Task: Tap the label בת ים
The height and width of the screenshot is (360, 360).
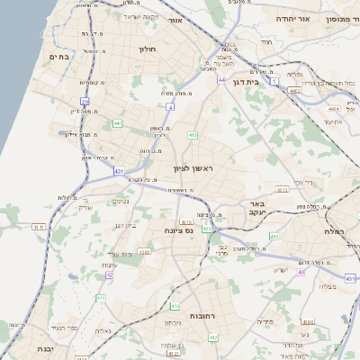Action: pyautogui.click(x=60, y=57)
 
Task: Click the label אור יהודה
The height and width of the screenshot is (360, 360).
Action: pyautogui.click(x=316, y=18)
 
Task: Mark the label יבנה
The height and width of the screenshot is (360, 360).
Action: pyautogui.click(x=46, y=348)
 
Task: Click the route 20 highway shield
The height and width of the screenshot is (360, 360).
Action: pyautogui.click(x=85, y=102)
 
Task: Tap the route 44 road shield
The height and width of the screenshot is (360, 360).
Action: pyautogui.click(x=220, y=80)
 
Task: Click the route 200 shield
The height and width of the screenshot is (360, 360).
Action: pyautogui.click(x=274, y=237)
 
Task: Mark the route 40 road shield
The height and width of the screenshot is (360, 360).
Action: pyautogui.click(x=301, y=271)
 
